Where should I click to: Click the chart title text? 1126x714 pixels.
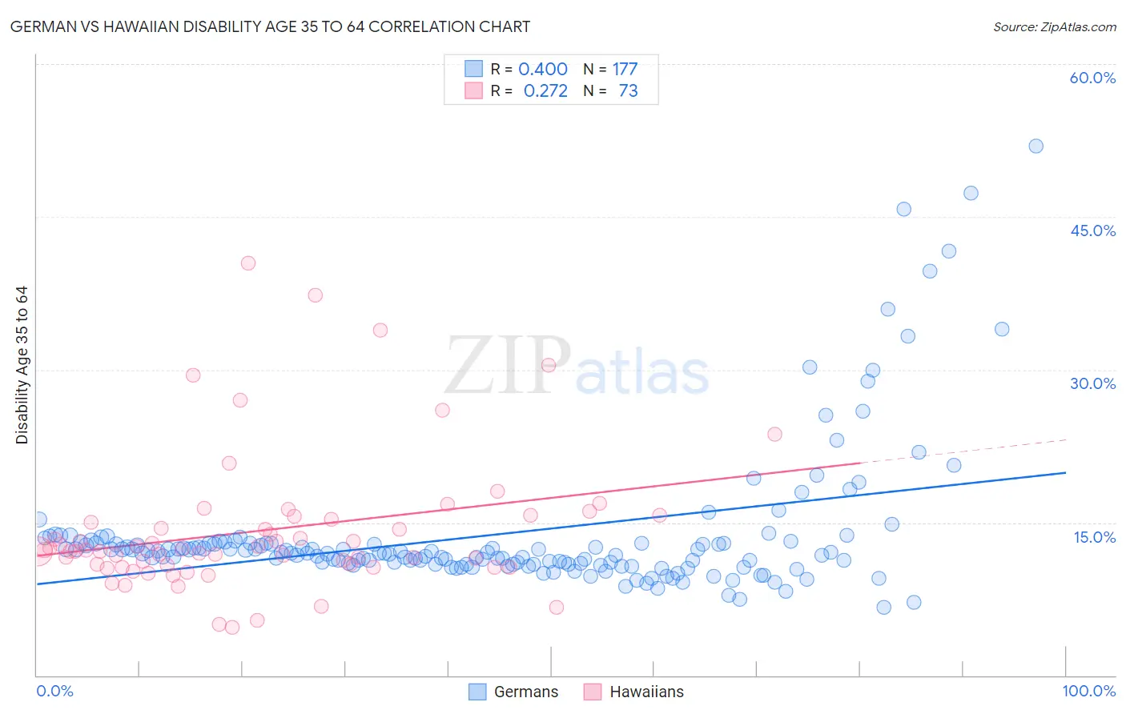pyautogui.click(x=270, y=26)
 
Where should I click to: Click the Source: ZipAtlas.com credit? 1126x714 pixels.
pyautogui.click(x=1054, y=26)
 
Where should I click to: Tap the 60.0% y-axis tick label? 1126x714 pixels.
pyautogui.click(x=1092, y=78)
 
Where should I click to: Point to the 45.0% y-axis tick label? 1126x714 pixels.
pyautogui.click(x=1092, y=231)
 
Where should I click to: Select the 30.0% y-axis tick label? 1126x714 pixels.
pyautogui.click(x=1092, y=383)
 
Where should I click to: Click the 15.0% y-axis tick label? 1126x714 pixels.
pyautogui.click(x=1094, y=537)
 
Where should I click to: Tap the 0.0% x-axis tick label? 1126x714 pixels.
pyautogui.click(x=54, y=691)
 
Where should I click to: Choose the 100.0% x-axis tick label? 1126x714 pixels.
pyautogui.click(x=1088, y=691)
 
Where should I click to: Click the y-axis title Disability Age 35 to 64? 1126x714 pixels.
pyautogui.click(x=22, y=365)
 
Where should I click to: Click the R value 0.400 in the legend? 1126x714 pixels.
pyautogui.click(x=543, y=69)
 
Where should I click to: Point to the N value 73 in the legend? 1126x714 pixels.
pyautogui.click(x=628, y=90)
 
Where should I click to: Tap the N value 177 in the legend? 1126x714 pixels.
pyautogui.click(x=625, y=69)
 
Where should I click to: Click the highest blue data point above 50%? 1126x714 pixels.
pyautogui.click(x=1036, y=146)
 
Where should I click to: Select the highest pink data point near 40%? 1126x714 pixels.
pyautogui.click(x=248, y=263)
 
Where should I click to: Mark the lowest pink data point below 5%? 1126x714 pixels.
pyautogui.click(x=232, y=628)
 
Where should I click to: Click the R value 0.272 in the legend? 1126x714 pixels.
pyautogui.click(x=545, y=90)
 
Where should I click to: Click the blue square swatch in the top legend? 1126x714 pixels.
pyautogui.click(x=474, y=69)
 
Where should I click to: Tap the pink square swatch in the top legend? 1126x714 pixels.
pyautogui.click(x=474, y=90)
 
